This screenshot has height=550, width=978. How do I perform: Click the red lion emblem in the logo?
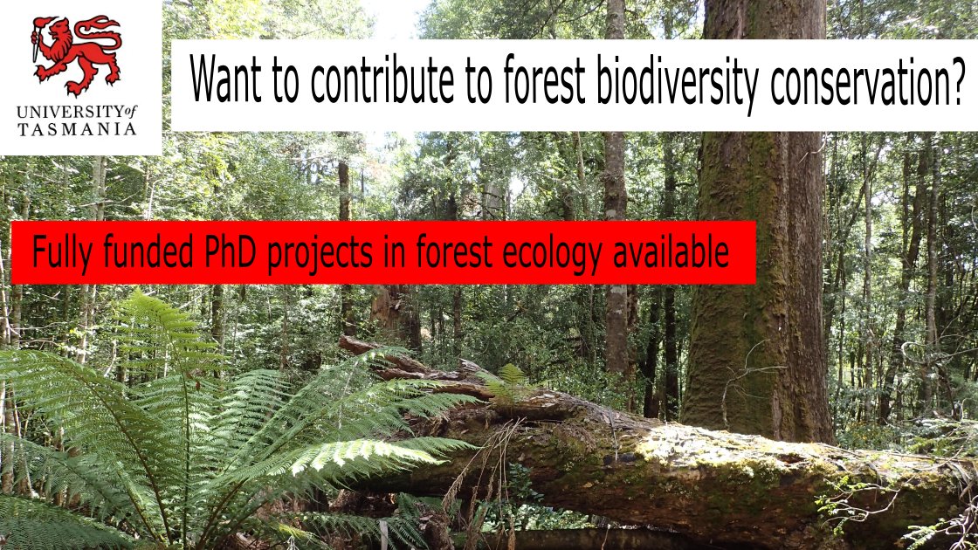[76, 53]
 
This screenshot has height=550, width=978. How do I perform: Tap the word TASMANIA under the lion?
[77, 129]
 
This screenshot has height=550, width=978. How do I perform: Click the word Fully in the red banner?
[58, 253]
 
